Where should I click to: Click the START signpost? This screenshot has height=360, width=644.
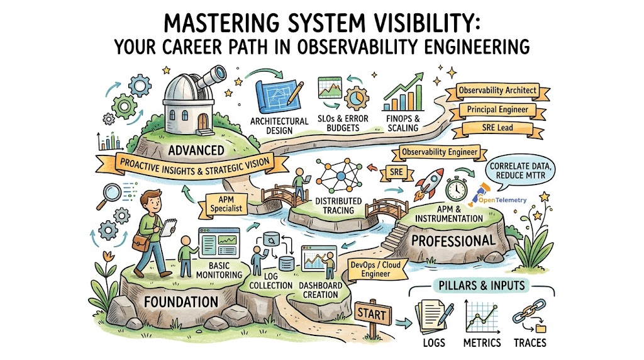[373, 313]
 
